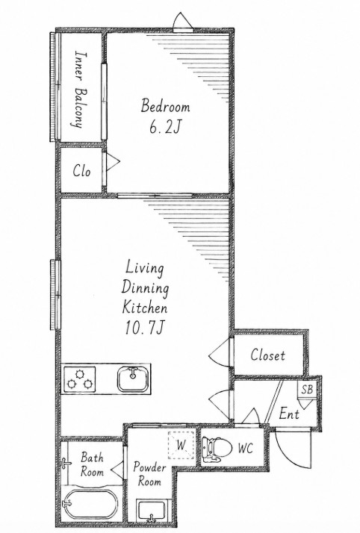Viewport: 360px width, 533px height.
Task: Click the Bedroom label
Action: pos(165,106)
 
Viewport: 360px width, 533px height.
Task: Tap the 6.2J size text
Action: pos(164,128)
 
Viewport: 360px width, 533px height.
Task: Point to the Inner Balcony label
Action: pos(80,90)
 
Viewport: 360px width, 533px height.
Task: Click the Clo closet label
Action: pos(81,171)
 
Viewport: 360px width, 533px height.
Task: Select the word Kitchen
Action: pos(144,308)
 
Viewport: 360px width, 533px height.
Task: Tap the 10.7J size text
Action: pos(145,328)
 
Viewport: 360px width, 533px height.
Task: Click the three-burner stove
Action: pos(80,379)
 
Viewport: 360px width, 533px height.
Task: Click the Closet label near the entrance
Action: pos(267,355)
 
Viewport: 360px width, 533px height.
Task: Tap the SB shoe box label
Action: pos(307,389)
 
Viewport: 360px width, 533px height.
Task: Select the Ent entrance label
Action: pos(289,414)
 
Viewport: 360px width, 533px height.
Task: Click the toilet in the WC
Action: pos(216,449)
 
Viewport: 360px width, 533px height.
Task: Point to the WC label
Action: pos(245,449)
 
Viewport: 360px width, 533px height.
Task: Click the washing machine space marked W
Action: pos(181,445)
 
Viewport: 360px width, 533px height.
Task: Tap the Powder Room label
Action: pos(149,474)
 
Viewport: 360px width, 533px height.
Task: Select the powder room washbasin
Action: pos(151,510)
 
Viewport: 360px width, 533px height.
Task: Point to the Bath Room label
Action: pos(92,464)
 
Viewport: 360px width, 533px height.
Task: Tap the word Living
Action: pos(144,268)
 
